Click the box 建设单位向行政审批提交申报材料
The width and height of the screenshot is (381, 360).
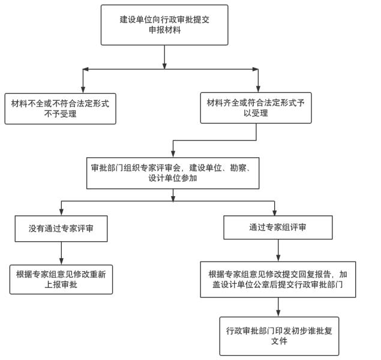164,25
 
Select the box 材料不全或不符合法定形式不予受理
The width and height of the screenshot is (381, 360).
60,109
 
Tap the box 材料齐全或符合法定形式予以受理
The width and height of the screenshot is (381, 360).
256,108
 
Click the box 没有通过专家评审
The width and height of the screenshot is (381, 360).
61,228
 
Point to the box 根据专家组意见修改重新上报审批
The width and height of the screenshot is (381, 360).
61,278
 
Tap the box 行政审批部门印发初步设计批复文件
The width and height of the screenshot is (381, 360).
278,336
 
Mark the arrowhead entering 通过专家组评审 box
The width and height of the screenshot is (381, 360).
274,212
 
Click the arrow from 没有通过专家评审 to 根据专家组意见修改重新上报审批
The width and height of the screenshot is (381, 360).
61,252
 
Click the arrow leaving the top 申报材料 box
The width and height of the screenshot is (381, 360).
164,57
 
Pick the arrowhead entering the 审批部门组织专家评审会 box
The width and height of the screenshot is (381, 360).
173,154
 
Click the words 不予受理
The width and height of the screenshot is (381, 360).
60,114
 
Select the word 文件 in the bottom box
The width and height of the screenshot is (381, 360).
278,341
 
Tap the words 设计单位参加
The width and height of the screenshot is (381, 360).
173,178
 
